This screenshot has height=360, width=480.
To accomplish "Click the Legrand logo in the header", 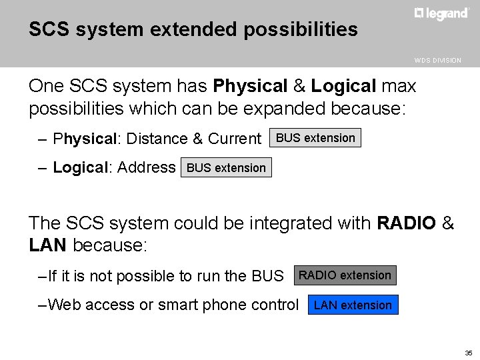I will tap(441, 13).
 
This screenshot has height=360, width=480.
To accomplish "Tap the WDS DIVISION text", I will tap(437, 60).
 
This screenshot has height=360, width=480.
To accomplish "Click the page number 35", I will tap(468, 352).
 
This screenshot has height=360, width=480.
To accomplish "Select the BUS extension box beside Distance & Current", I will tap(315, 138).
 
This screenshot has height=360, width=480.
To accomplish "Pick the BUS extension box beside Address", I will tap(226, 168).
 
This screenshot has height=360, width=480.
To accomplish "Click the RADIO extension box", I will tap(345, 275).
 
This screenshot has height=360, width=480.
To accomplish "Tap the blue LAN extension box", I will tap(353, 305).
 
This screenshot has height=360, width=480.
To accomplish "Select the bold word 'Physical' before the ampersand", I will tap(250, 87).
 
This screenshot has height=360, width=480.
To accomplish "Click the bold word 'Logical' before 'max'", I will tap(344, 87).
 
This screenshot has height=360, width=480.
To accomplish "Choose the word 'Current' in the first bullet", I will tap(235, 139).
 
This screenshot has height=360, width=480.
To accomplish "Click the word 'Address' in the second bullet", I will tap(146, 167).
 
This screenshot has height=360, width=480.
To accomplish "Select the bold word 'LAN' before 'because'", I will tap(48, 245).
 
